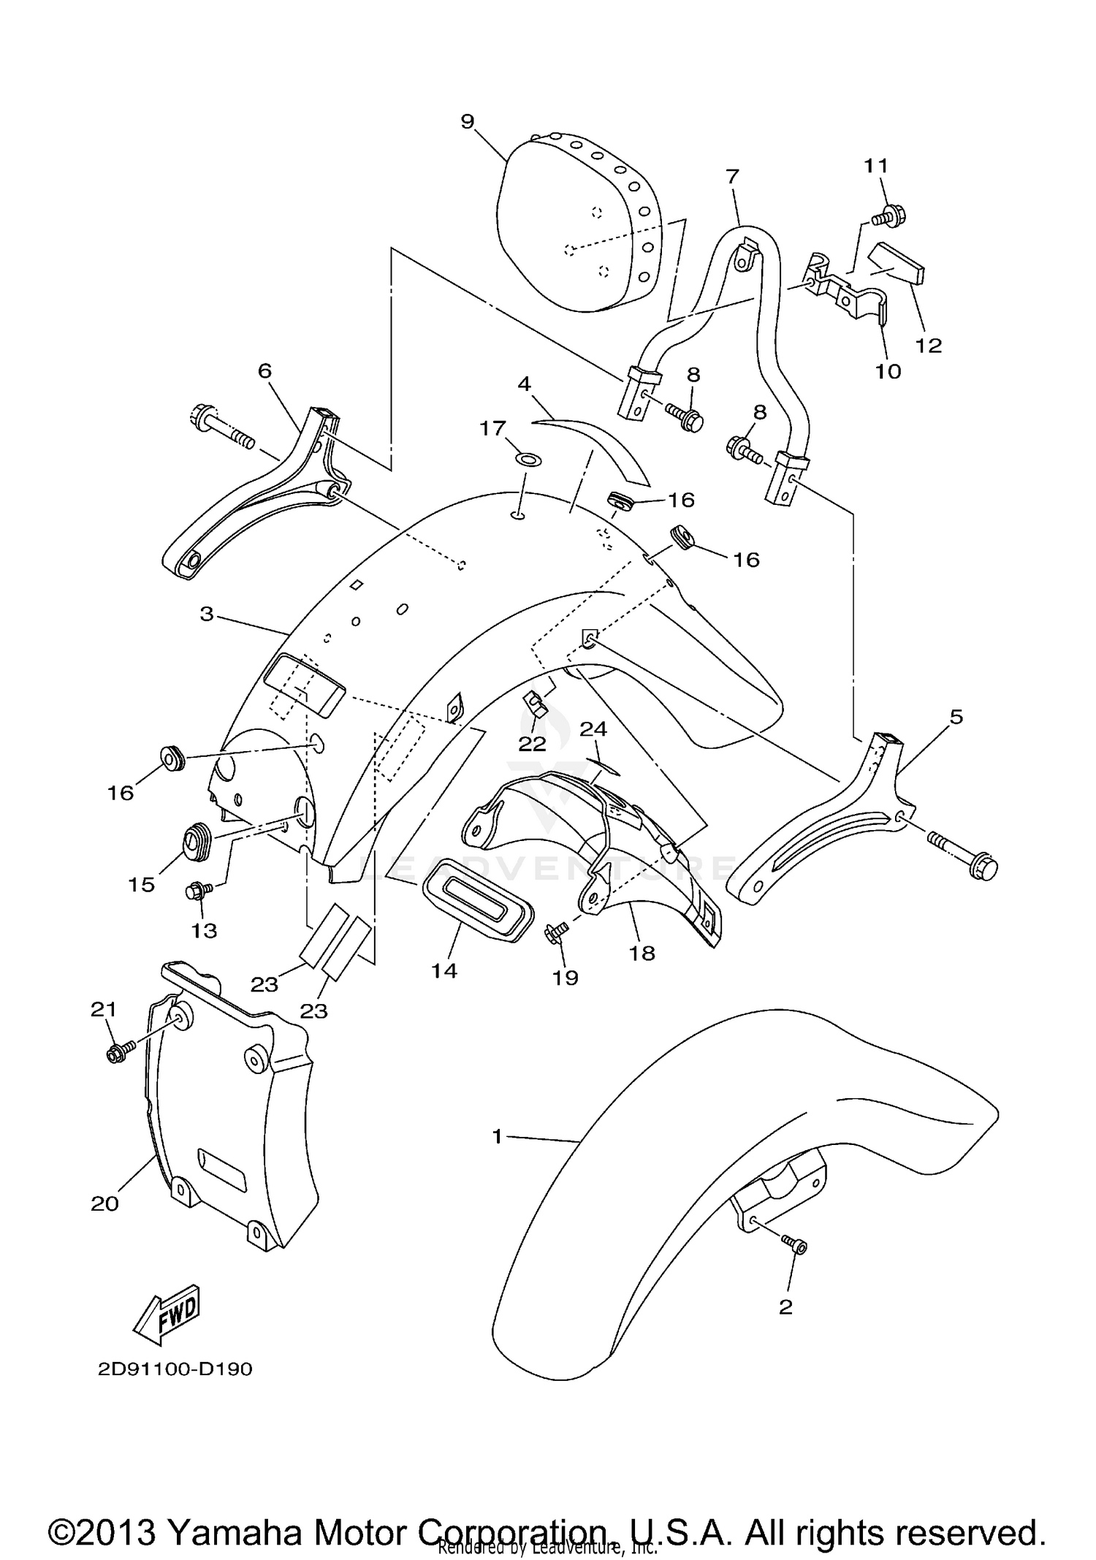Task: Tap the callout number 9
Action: [x=468, y=121]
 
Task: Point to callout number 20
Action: [x=104, y=1203]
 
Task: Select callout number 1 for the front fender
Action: [x=498, y=1136]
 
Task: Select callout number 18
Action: [x=642, y=953]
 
